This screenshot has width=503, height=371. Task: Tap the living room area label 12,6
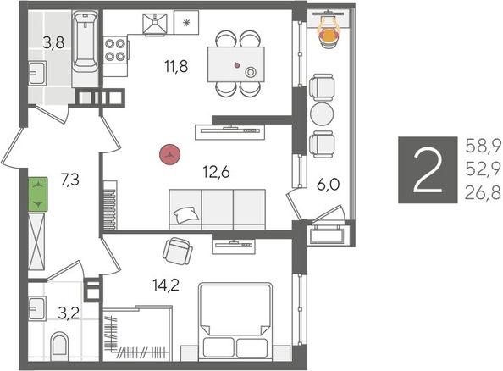point(217,173)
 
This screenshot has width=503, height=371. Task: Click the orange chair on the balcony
point(327,32)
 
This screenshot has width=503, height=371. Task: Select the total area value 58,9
point(482,145)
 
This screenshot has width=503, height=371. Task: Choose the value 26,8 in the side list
point(482,193)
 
